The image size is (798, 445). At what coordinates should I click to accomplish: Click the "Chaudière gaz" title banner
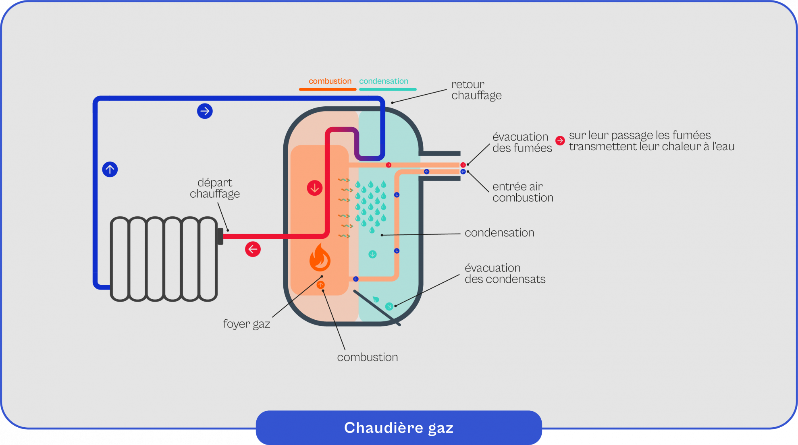click(x=399, y=428)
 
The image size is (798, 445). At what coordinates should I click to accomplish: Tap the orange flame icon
click(x=320, y=258)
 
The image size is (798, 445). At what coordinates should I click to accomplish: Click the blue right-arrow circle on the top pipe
click(x=205, y=111)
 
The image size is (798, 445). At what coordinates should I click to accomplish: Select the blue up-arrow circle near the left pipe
click(x=110, y=169)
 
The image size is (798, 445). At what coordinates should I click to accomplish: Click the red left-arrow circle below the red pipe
click(x=253, y=249)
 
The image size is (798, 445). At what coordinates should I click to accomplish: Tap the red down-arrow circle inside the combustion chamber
click(x=314, y=188)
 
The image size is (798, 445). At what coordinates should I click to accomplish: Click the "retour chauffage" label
click(x=476, y=90)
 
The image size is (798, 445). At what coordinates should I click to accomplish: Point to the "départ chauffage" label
click(x=215, y=188)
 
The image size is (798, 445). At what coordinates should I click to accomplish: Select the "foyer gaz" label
click(x=246, y=324)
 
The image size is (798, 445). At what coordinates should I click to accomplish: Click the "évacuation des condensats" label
click(x=505, y=273)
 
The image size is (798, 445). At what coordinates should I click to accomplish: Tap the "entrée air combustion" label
click(x=522, y=192)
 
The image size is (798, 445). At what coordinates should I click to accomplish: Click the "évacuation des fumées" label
click(x=522, y=142)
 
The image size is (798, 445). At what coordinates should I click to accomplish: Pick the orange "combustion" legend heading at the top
click(x=330, y=81)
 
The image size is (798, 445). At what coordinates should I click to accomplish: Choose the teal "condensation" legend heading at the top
click(x=383, y=81)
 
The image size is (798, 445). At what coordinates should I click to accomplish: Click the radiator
click(x=164, y=259)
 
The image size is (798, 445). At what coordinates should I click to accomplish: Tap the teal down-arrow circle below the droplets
click(x=372, y=254)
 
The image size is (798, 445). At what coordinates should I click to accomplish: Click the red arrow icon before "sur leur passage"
click(x=560, y=141)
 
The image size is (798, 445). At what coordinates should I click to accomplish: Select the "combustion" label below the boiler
click(x=367, y=357)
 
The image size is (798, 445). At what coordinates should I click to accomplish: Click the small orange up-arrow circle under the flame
click(x=320, y=285)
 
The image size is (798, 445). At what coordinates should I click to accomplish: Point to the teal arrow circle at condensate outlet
click(x=389, y=306)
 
